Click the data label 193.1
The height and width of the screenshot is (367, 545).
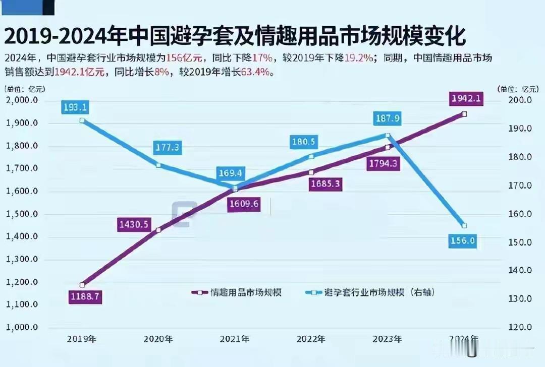tap(75, 107)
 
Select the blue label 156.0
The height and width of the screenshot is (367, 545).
tap(462, 241)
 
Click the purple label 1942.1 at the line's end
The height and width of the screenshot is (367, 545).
tap(466, 99)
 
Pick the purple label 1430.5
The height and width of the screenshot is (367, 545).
tap(133, 224)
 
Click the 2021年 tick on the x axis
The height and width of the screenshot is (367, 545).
tap(234, 339)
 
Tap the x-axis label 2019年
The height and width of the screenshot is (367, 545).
tap(82, 339)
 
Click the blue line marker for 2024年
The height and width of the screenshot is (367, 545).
tap(464, 225)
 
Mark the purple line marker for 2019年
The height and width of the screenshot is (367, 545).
tap(82, 285)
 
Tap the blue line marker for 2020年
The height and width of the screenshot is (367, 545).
tap(158, 165)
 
